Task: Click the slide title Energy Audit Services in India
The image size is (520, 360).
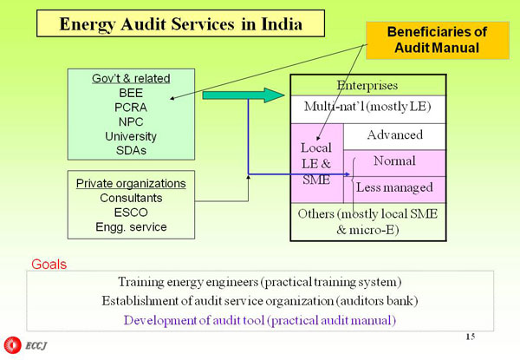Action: click(x=180, y=23)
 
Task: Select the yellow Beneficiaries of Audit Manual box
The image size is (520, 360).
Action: click(x=437, y=40)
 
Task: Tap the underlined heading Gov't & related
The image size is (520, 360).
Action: click(x=131, y=78)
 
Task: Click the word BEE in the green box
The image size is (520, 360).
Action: click(x=131, y=93)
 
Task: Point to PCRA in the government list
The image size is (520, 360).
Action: click(x=131, y=108)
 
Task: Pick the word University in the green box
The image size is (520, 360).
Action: click(x=131, y=136)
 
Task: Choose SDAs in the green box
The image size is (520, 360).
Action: click(x=131, y=150)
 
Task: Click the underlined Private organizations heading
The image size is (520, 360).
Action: click(x=131, y=184)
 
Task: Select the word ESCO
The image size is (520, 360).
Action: click(x=131, y=213)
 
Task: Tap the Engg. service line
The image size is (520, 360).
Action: click(x=131, y=227)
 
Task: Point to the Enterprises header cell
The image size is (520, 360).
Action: click(x=367, y=86)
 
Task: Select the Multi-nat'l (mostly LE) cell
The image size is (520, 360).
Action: click(x=367, y=108)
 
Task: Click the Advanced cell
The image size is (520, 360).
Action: click(x=394, y=135)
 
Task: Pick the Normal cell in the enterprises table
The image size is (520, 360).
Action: click(x=394, y=161)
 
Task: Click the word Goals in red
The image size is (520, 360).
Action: click(x=49, y=263)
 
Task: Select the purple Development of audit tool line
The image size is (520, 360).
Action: click(x=260, y=319)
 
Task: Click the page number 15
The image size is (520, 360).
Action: click(x=470, y=336)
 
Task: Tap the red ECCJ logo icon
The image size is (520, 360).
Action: click(x=12, y=345)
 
